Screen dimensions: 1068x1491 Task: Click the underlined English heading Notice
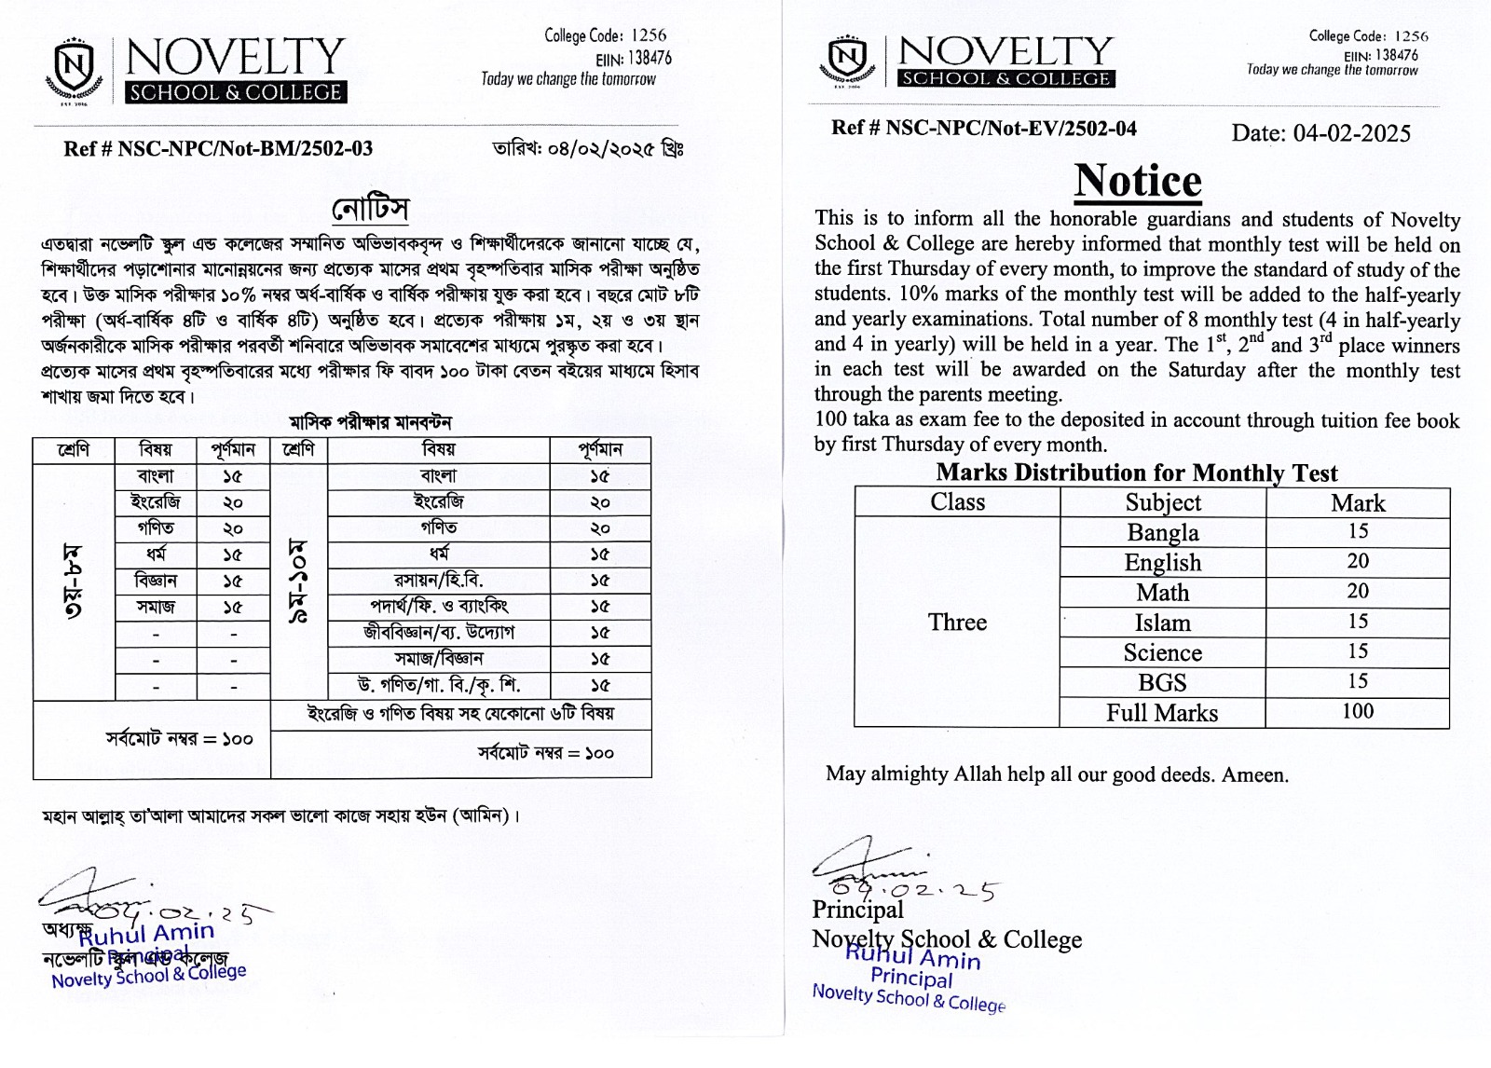click(1138, 181)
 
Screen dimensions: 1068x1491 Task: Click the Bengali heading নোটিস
click(370, 208)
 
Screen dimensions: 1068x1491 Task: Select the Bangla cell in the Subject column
click(1162, 533)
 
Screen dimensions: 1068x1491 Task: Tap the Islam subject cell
click(1162, 623)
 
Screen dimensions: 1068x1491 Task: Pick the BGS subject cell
click(1162, 683)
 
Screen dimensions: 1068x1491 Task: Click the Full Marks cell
click(1162, 713)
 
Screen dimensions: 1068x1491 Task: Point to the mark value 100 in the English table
click(1357, 712)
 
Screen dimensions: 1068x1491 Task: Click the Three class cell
click(957, 623)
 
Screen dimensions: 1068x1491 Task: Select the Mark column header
click(1357, 503)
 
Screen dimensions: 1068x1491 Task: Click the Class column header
click(957, 502)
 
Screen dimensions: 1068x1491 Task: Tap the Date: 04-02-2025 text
click(1320, 133)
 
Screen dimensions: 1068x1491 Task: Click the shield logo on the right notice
click(846, 60)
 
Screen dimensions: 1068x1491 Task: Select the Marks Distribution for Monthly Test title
click(1136, 473)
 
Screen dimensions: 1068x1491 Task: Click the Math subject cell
click(1162, 593)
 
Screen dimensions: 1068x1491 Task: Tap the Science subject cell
click(1162, 652)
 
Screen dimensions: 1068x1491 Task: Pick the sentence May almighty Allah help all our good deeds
click(1057, 774)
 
